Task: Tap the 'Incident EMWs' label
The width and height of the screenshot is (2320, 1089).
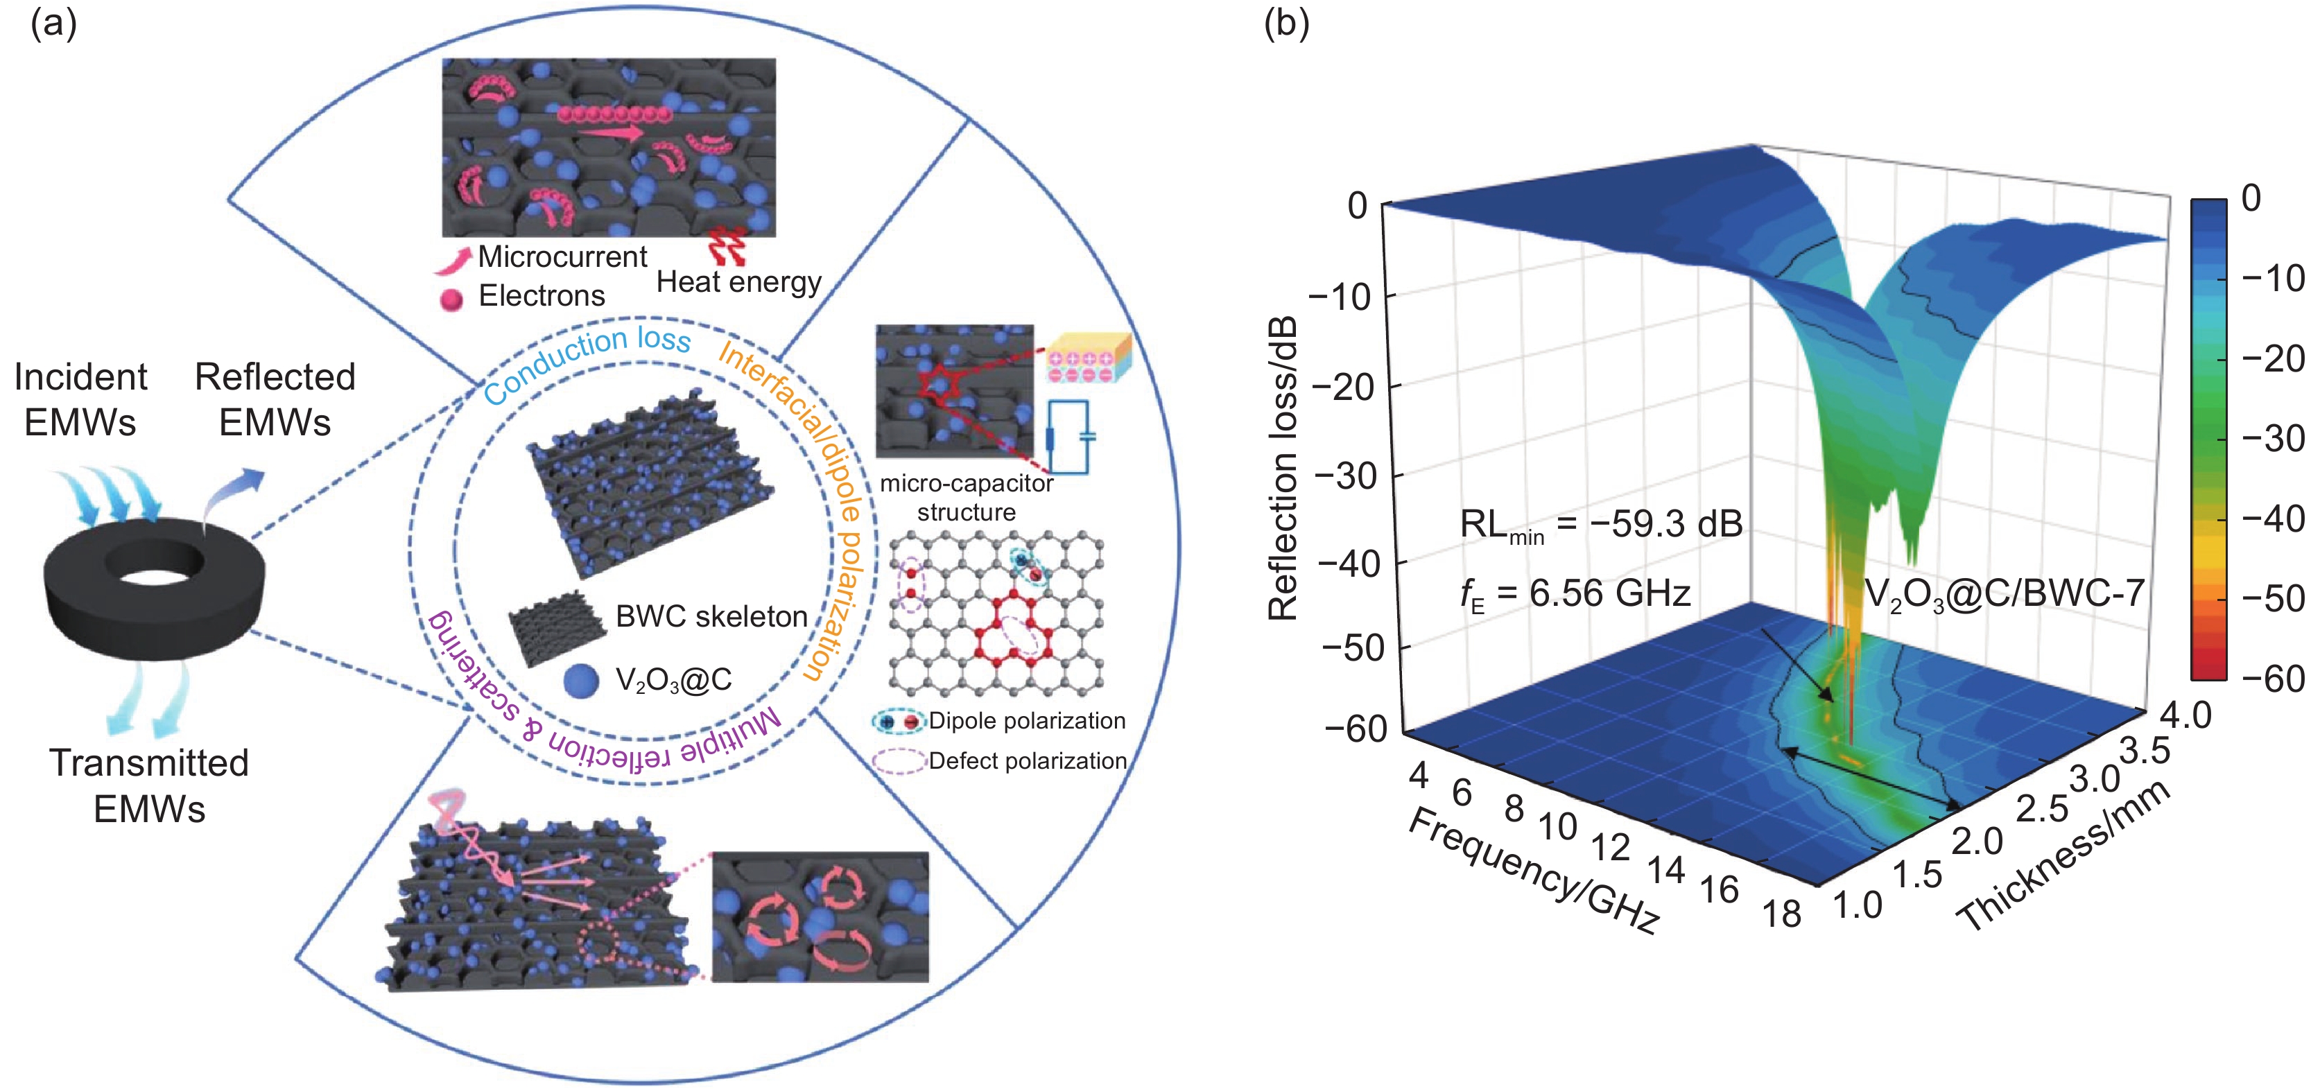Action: coord(80,399)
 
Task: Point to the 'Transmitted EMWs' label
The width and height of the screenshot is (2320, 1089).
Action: coord(148,785)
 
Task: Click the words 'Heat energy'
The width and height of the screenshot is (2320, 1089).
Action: coord(738,282)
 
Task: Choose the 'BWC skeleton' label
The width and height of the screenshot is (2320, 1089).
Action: coord(711,616)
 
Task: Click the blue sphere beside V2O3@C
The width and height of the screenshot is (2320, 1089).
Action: coord(581,680)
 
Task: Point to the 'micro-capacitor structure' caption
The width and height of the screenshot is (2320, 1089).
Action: coord(967,497)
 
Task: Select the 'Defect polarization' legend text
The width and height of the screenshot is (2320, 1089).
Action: coord(1028,761)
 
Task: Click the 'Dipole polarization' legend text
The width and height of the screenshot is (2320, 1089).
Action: coord(1027,721)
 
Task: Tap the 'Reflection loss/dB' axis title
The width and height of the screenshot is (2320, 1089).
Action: coord(1283,469)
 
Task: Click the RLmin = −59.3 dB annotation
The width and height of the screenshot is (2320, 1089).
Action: coord(1600,524)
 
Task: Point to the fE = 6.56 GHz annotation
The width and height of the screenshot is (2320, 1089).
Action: coord(1574,593)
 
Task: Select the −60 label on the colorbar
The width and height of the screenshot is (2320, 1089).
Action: coord(2272,678)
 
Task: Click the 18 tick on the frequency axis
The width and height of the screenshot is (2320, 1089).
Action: coord(1781,914)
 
